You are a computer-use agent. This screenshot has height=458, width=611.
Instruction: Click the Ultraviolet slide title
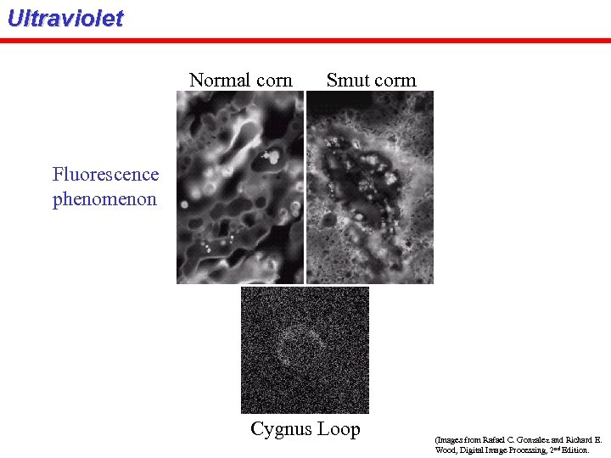[64, 19]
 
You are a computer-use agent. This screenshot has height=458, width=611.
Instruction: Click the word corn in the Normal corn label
[273, 81]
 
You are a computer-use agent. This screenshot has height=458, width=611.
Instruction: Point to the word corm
[396, 81]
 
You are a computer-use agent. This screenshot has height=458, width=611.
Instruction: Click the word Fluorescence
[105, 175]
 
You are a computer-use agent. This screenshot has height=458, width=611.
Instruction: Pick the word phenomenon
[104, 200]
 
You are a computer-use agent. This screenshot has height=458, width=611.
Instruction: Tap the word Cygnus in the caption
[280, 430]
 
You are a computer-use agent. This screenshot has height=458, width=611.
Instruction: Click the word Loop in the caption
[339, 429]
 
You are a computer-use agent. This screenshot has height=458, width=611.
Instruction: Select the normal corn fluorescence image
[240, 187]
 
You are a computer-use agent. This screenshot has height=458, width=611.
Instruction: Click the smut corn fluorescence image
[370, 187]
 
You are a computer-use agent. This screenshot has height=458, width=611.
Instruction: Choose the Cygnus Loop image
[305, 349]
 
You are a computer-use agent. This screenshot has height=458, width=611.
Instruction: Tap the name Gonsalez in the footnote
[534, 440]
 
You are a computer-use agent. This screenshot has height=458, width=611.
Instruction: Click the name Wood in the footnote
[444, 450]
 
